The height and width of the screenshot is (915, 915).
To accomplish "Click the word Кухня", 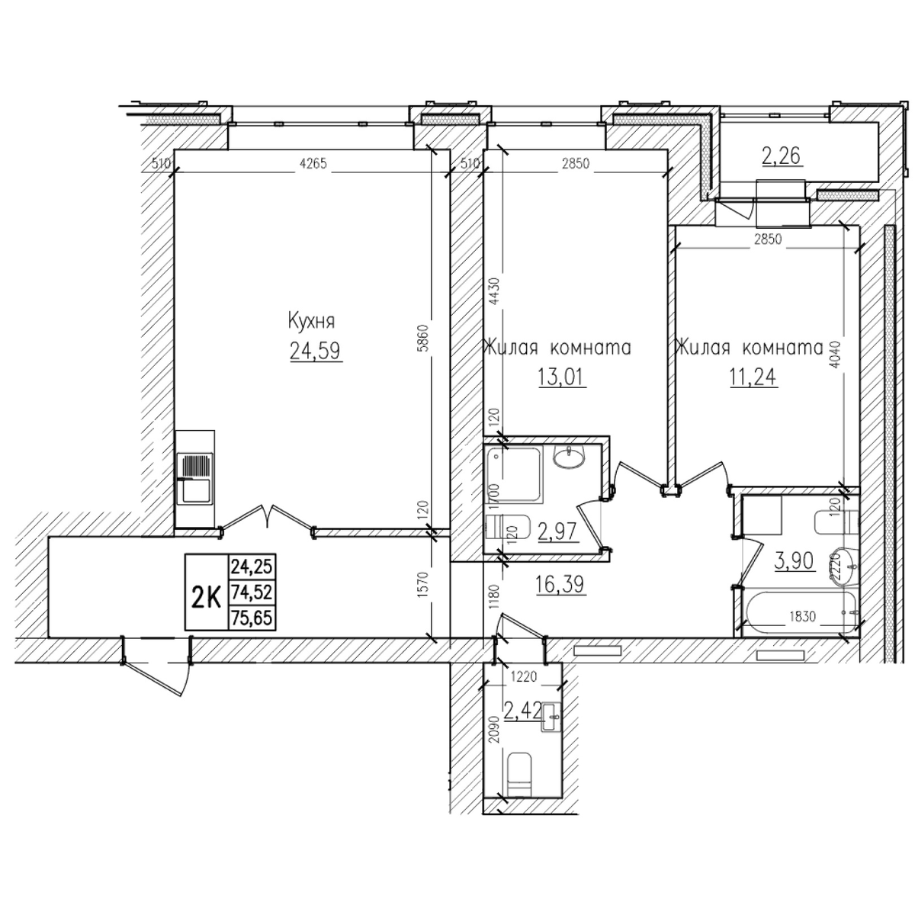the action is click(x=311, y=322).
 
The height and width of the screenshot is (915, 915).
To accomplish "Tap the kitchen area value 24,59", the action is click(x=315, y=352).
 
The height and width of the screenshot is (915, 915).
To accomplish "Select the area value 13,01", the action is click(x=562, y=378).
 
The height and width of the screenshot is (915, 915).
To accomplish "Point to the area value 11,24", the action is click(x=753, y=377).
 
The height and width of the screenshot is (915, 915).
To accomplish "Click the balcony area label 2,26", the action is click(x=782, y=156).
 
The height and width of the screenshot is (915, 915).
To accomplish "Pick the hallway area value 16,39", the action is click(x=560, y=585).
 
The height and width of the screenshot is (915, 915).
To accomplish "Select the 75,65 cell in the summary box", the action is click(x=252, y=618).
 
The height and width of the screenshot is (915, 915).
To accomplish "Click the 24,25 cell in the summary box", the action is click(x=252, y=567).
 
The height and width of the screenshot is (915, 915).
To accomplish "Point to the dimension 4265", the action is click(x=313, y=164).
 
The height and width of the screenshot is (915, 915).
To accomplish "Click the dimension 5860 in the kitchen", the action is click(x=425, y=337).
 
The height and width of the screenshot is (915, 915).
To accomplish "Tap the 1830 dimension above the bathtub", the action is click(x=803, y=616).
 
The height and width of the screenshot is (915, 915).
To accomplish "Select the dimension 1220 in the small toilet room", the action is click(x=523, y=676).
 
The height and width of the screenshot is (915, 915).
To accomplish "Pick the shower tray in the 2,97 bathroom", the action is click(x=514, y=475).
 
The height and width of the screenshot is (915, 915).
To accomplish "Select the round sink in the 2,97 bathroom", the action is click(x=569, y=457).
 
